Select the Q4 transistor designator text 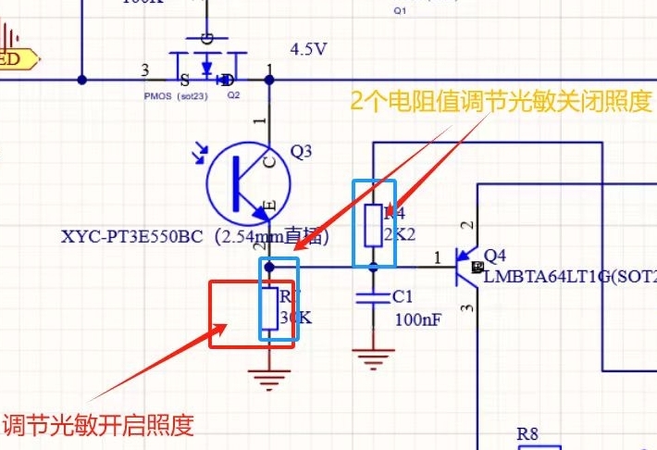[495, 255]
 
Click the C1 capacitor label [403, 297]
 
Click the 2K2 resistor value [400, 235]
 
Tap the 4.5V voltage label [309, 49]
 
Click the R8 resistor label [527, 432]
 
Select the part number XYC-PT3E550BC [131, 237]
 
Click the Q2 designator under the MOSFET [233, 95]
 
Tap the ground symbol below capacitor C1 [373, 357]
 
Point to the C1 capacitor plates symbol [373, 297]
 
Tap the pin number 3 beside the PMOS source [144, 69]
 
